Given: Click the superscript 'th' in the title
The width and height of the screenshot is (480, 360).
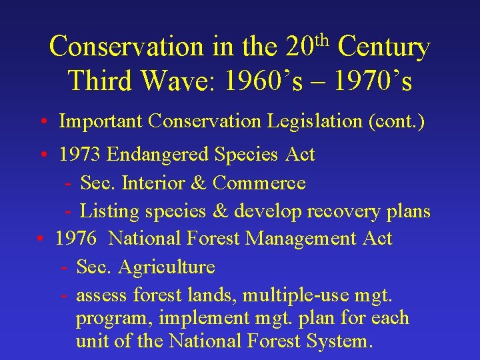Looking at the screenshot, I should click(321, 39).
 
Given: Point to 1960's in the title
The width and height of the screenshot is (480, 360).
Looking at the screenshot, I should click(263, 81).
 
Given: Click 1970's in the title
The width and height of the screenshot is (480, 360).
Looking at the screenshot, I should click(373, 81).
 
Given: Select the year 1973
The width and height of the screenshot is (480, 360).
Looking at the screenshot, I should click(80, 155).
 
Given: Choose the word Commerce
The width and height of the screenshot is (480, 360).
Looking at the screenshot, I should click(259, 183).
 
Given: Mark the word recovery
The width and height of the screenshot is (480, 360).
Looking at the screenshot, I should click(342, 211).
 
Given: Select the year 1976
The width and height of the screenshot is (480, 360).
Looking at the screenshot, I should click(77, 239).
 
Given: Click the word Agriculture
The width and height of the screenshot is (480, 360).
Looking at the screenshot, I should click(167, 267).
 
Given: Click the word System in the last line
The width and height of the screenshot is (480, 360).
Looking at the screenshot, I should click(338, 341).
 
